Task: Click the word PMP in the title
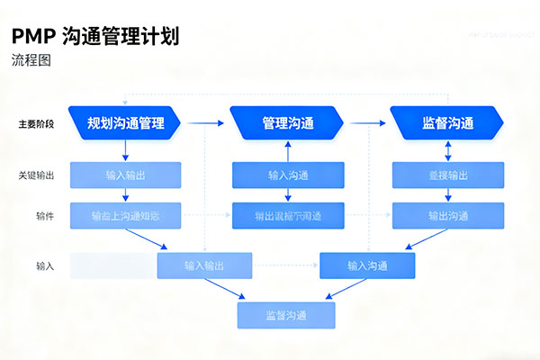[x=32, y=37]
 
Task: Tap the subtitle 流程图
[x=31, y=61]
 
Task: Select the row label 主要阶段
[x=36, y=123]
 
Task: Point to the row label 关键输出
[x=36, y=175]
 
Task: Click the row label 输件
[x=44, y=216]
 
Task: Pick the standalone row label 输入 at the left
[x=44, y=266]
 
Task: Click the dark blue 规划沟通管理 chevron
[x=125, y=123]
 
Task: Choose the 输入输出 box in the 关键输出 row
[x=125, y=175]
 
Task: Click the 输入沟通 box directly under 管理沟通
[x=287, y=175]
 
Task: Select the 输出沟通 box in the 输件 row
[x=447, y=216]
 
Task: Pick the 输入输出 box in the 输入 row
[x=204, y=265]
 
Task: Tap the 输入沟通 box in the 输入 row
[x=367, y=265]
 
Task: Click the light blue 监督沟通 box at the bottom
[x=286, y=315]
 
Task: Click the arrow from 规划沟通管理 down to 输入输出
[x=125, y=149]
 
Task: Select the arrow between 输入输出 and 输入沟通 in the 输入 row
[x=285, y=265]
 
